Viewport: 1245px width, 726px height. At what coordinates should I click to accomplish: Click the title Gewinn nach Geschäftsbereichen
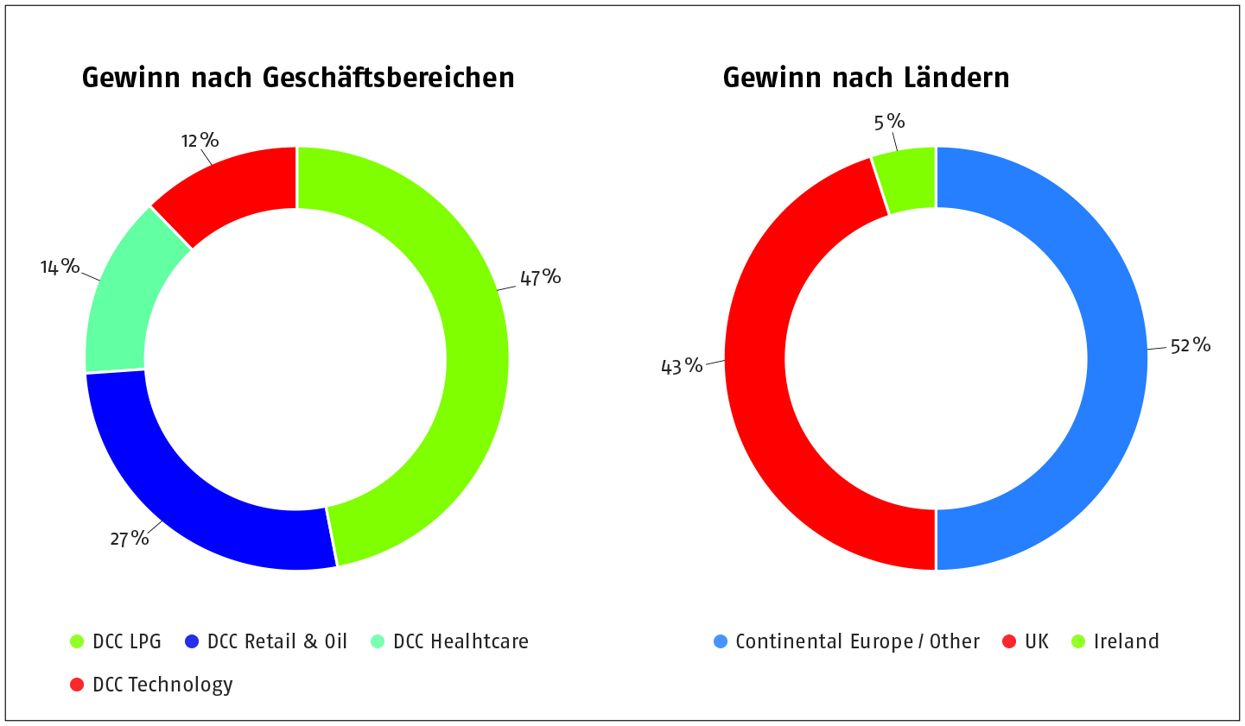point(298,78)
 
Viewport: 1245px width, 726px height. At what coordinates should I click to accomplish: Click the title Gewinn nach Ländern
point(866,78)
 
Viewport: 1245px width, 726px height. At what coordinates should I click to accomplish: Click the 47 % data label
point(540,277)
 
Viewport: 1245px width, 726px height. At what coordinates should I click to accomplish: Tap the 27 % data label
point(130,539)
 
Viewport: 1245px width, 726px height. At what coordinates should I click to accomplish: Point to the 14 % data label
point(60,267)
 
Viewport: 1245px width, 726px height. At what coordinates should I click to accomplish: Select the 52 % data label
point(1190,345)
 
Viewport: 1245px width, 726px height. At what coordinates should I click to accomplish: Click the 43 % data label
point(682,366)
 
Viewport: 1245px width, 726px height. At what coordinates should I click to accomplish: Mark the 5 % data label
point(889,122)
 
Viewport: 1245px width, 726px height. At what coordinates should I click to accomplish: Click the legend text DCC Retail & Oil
point(277,641)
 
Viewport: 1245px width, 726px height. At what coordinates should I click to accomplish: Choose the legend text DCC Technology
point(162,685)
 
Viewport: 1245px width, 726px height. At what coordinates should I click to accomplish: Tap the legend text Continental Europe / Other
point(857,641)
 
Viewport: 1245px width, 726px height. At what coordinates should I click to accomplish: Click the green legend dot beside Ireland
point(1077,641)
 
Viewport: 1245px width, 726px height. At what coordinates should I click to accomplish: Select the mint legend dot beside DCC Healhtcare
point(378,641)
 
